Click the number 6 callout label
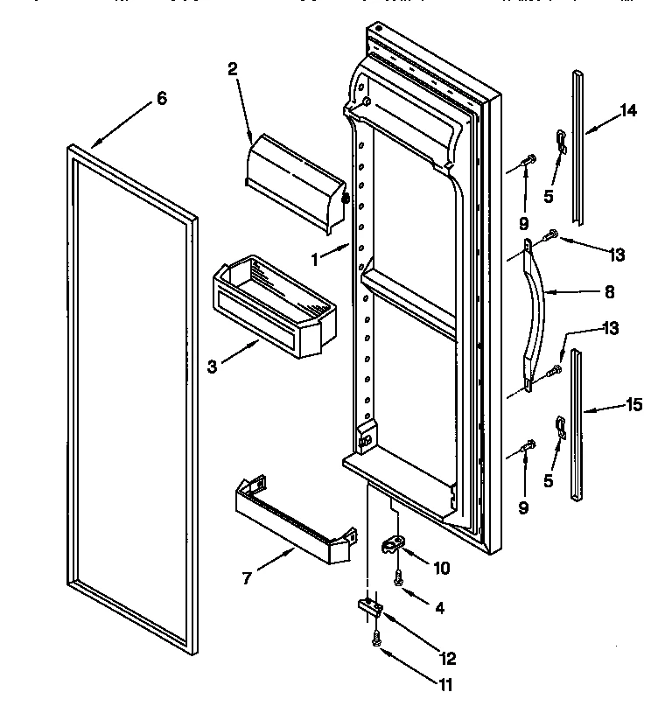tap(160, 99)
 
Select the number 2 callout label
tap(233, 70)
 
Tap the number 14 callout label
tap(628, 110)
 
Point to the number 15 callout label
tap(633, 404)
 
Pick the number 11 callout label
tap(446, 685)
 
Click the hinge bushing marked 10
tap(393, 545)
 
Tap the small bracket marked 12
tap(370, 606)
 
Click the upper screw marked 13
tap(553, 234)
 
